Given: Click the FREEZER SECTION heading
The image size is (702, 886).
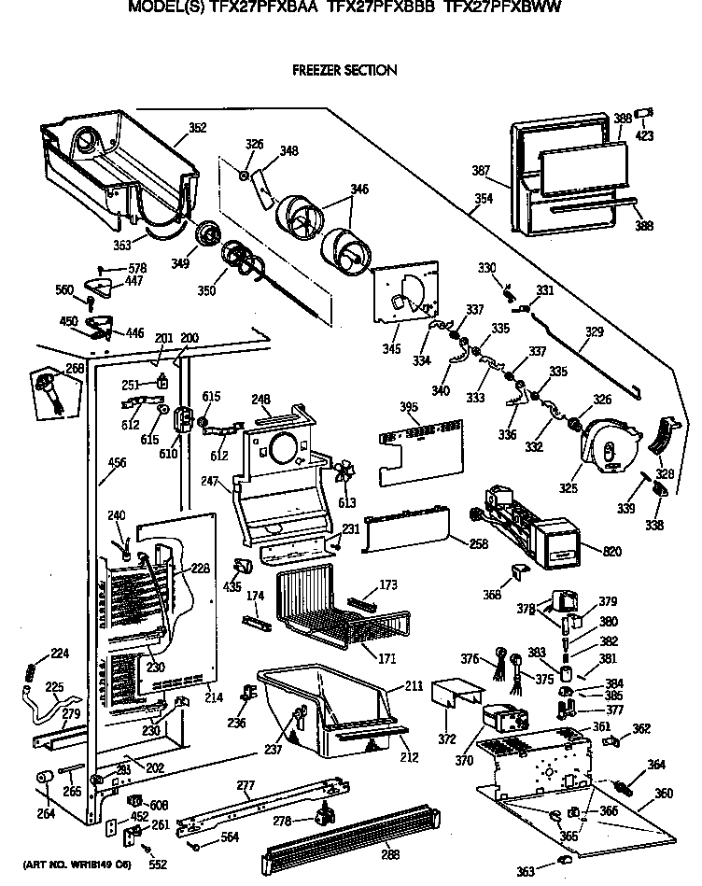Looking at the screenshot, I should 344,70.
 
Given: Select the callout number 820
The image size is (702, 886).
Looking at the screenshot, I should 612,552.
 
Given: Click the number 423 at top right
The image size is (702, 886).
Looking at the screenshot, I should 646,135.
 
